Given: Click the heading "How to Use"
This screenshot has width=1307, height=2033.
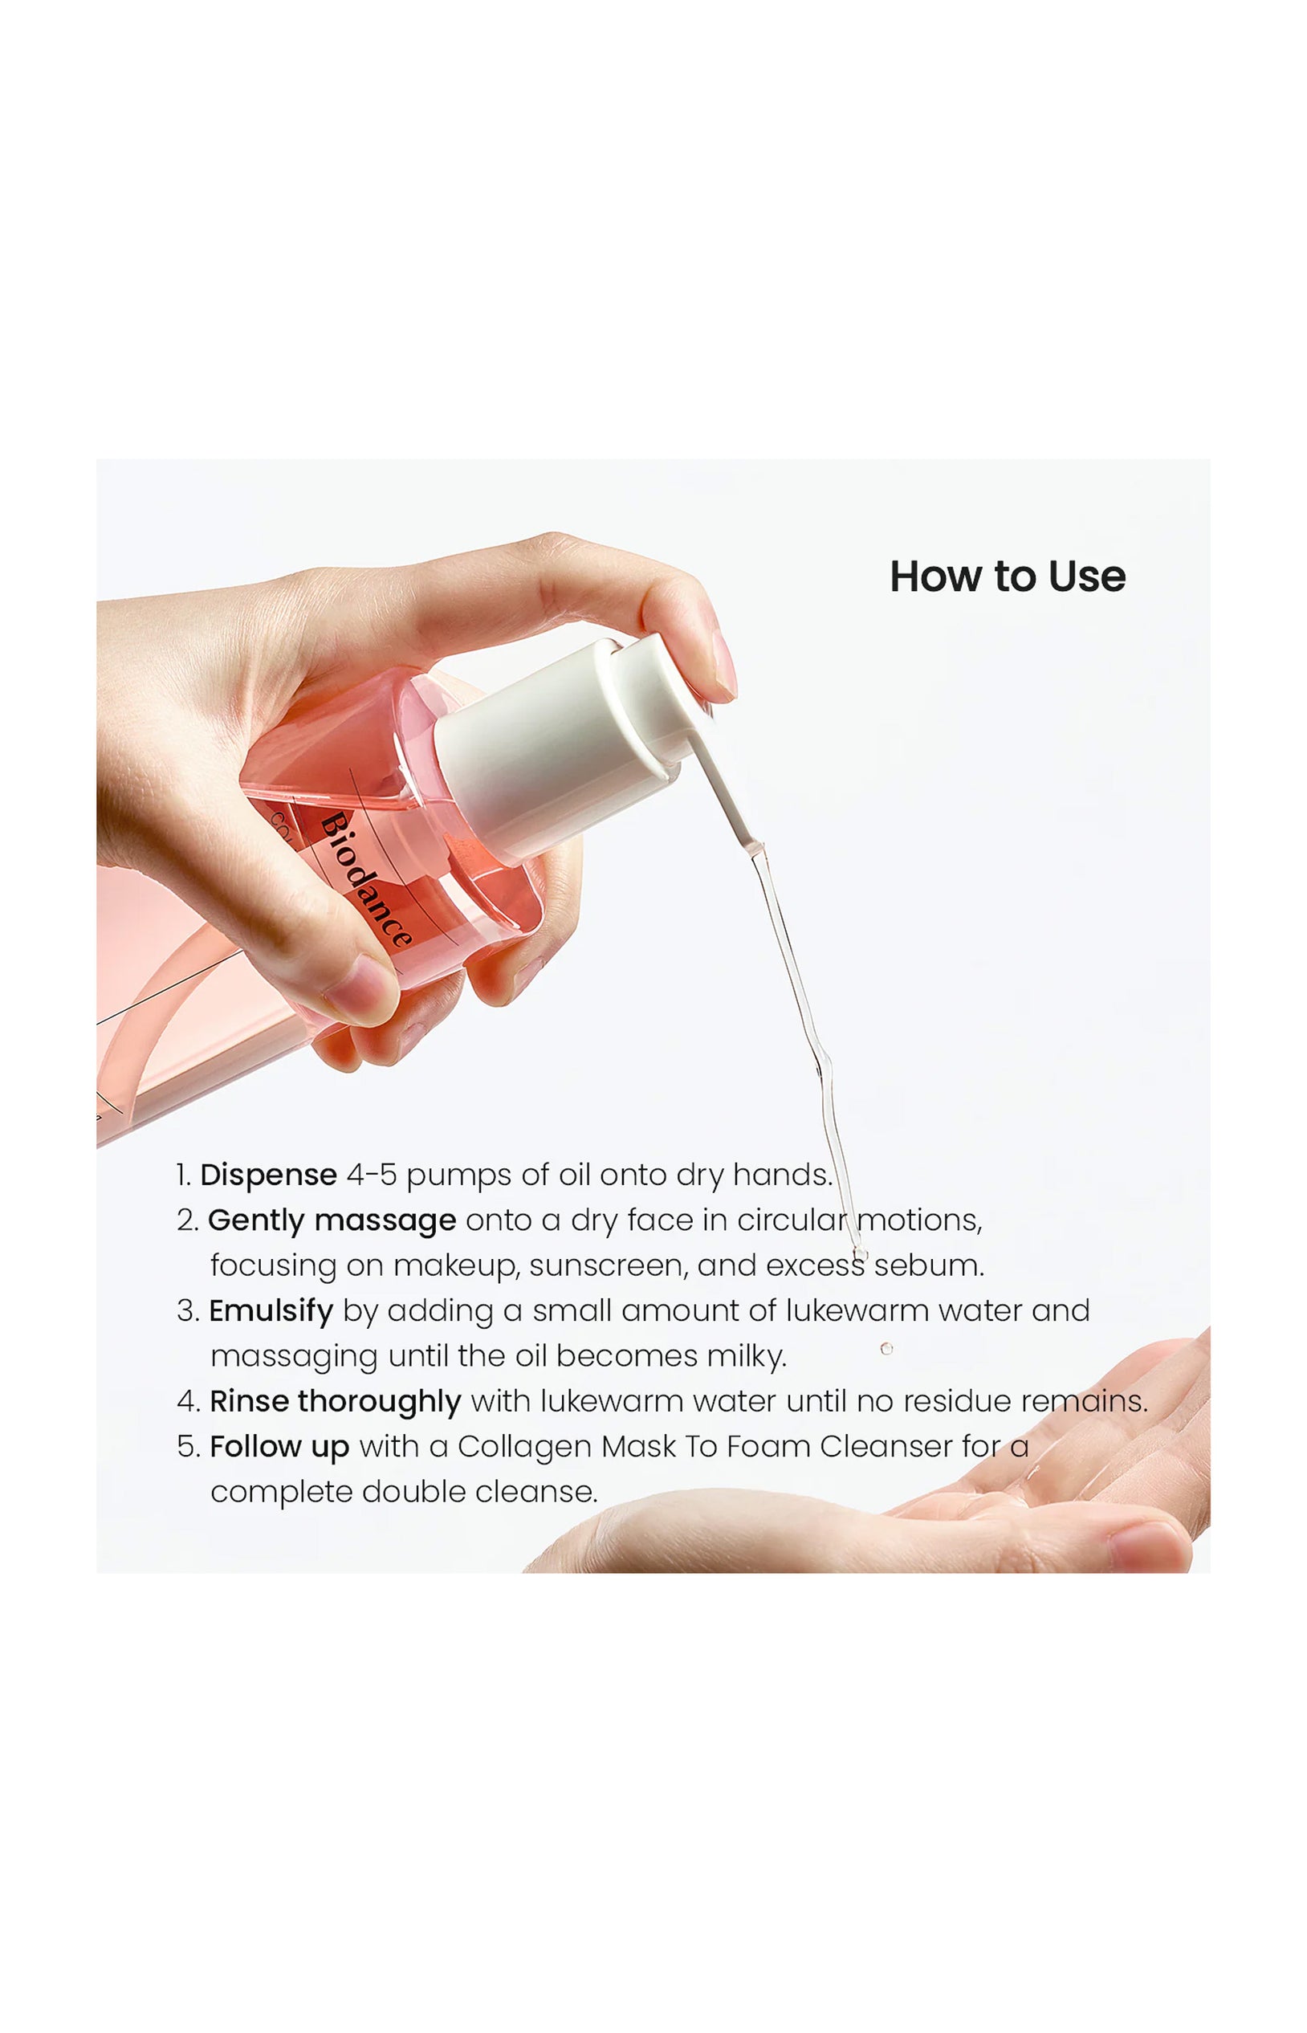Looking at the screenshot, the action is coord(1008,577).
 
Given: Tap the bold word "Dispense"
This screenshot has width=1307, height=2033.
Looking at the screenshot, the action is coord(268,1175).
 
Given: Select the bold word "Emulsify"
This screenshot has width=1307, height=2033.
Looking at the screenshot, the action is coord(271,1311).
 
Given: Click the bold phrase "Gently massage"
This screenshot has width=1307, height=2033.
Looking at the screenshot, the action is coord(332,1221).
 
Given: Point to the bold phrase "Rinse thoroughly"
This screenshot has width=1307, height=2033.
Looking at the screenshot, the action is coord(336,1401).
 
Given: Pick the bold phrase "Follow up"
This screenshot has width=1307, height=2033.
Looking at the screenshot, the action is coord(279,1448).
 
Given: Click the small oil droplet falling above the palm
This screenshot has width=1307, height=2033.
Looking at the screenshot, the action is coord(886,1349).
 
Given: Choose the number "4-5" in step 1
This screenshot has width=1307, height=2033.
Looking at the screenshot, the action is coord(372,1175).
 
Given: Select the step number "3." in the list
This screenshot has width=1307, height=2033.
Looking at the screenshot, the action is coord(188,1311).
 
